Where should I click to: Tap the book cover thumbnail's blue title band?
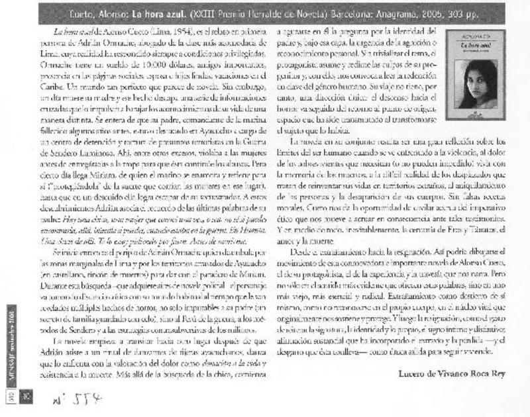click(471, 47)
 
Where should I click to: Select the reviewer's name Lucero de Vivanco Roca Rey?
click(452, 374)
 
